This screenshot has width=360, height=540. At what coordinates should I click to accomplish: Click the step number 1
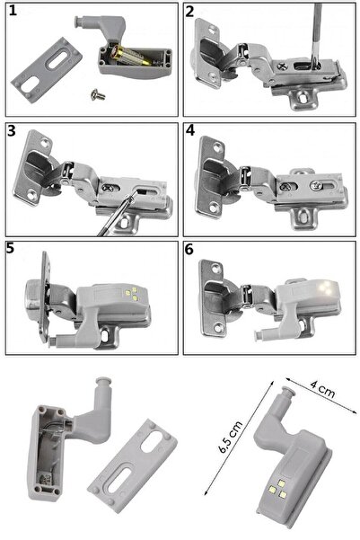pos(13,11)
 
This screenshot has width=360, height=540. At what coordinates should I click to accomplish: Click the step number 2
pos(189,12)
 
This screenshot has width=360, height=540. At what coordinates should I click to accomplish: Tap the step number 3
pos(12,130)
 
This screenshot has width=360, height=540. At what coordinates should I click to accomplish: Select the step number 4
pos(190,130)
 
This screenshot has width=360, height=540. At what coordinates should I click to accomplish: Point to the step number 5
pos(10,248)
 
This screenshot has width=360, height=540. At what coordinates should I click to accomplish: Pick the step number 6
pos(189,250)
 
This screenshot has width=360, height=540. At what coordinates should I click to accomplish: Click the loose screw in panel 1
pos(98,94)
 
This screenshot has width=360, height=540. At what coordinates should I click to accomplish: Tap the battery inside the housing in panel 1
pos(131,56)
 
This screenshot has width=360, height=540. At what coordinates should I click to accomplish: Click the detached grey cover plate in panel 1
pos(47,70)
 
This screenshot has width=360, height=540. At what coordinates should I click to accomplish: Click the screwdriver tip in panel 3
pos(132,195)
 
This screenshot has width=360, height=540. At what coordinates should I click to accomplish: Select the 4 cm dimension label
pos(322,388)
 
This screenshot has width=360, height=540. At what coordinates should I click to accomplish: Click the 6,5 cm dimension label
pos(230,437)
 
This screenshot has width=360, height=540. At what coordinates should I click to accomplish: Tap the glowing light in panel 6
pos(328,287)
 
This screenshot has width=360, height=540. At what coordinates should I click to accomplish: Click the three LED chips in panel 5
pos(131,294)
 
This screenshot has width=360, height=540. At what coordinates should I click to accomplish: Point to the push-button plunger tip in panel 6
pos(257,335)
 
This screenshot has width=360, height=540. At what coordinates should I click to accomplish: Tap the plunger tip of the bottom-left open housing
pos(104,381)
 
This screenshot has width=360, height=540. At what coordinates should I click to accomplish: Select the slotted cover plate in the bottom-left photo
pos(132,459)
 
